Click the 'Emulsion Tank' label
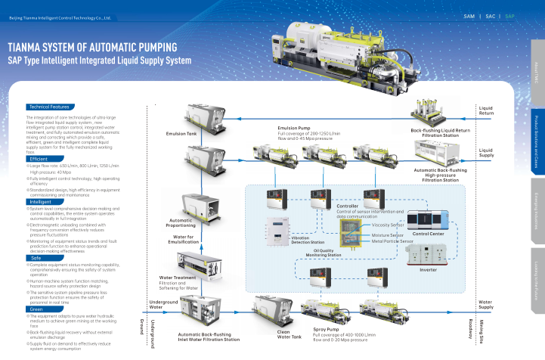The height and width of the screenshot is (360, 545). [181, 135]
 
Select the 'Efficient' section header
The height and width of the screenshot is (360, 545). [39, 159]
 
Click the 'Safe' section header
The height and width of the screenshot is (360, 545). [36, 237]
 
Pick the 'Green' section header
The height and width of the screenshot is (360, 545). [36, 288]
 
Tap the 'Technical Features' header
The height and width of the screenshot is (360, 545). [49, 107]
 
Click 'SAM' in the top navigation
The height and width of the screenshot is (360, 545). [469, 15]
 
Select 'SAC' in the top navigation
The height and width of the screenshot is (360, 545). [491, 15]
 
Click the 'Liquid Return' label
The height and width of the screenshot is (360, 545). [486, 110]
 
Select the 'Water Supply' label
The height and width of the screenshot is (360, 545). [486, 283]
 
